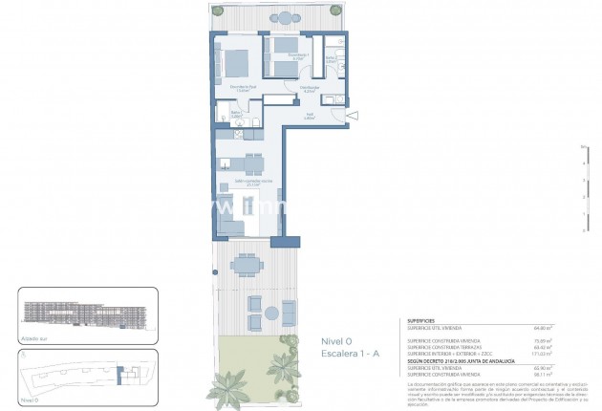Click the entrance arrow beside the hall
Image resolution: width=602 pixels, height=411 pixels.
tap(354, 117)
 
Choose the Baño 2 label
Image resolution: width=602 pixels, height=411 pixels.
tap(330, 58)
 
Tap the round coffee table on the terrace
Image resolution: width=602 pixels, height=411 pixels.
tap(271, 314)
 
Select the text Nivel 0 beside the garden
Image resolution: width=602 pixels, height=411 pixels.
tap(337, 340)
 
